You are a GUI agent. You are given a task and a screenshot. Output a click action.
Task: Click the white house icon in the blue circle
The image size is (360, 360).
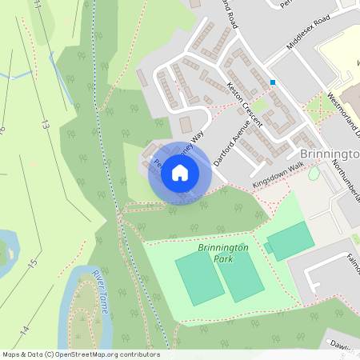tap(180, 173)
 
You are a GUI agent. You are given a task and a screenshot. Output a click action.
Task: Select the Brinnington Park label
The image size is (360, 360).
tap(223, 254)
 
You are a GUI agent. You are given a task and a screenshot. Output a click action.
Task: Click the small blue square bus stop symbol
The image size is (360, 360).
tap(273, 82)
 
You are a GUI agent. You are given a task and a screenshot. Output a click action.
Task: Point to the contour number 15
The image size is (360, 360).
tap(32, 262)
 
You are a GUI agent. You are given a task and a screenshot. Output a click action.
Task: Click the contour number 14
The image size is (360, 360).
tap(25, 330)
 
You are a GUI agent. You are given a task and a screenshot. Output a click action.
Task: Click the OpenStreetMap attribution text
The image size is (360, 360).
tap(80, 354)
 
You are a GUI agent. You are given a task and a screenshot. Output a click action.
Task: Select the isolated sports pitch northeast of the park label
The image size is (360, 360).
tap(290, 240)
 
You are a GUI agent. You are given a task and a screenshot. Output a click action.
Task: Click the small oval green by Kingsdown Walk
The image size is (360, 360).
tap(314, 173)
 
